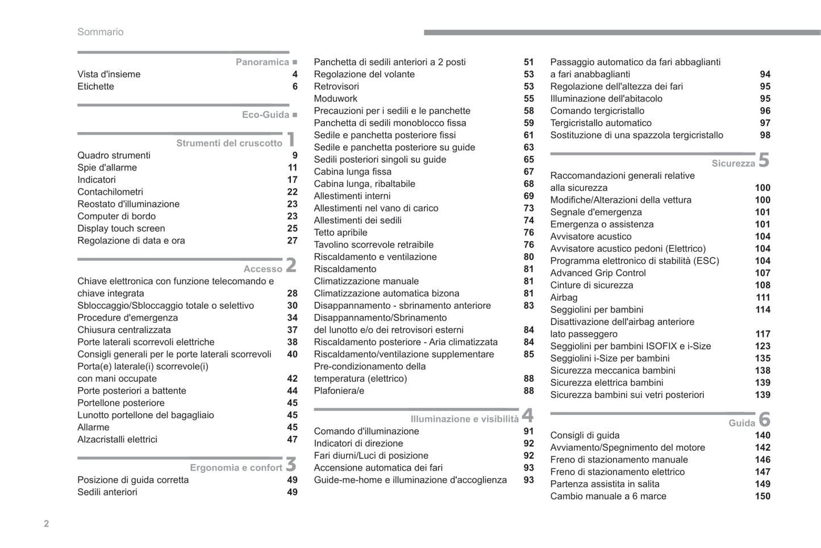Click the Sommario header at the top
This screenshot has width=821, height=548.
100,32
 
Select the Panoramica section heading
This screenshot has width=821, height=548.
262,62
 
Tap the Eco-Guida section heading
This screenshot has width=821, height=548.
265,115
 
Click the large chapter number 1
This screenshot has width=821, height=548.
291,139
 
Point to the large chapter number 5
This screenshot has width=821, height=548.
764,160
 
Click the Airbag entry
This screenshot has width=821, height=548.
564,297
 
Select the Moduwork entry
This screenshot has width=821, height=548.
335,98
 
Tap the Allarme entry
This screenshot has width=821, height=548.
93,427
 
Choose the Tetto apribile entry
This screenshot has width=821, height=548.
340,233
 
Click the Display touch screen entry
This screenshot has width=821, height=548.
121,229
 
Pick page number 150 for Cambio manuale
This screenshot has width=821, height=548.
762,496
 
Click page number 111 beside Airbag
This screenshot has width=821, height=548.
762,297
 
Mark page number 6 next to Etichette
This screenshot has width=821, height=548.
295,86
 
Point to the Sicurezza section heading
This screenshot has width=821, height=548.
733,164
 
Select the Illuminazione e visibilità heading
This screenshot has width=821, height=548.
464,419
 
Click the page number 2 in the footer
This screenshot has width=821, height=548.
47,524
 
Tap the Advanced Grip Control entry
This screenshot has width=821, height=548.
598,273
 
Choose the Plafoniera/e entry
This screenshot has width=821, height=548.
339,391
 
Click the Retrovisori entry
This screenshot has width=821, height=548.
336,86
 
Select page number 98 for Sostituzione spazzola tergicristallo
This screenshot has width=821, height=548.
765,135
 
